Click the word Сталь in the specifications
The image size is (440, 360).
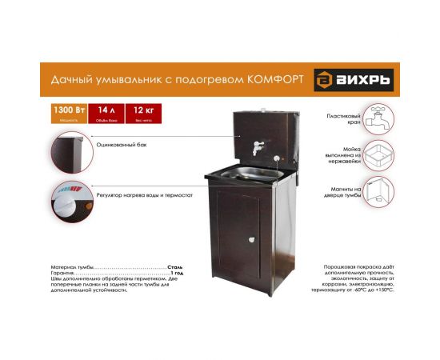(x=176, y=266)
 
